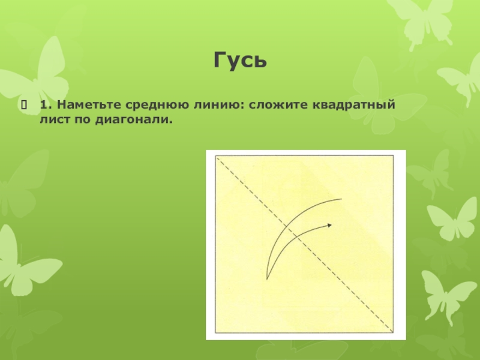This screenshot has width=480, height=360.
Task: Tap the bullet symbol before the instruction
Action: tap(24, 106)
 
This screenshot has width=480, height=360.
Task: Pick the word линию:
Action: tap(214, 106)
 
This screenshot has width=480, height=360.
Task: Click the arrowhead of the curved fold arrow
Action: tap(329, 225)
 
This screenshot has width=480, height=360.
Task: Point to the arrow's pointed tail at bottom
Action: tap(266, 278)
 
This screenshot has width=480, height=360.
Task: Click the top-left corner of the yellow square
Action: tap(215, 157)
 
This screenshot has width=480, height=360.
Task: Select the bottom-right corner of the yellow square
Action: tap(394, 333)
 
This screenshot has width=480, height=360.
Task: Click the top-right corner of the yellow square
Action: tap(394, 157)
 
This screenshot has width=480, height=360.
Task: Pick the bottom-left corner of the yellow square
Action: tap(215, 333)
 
